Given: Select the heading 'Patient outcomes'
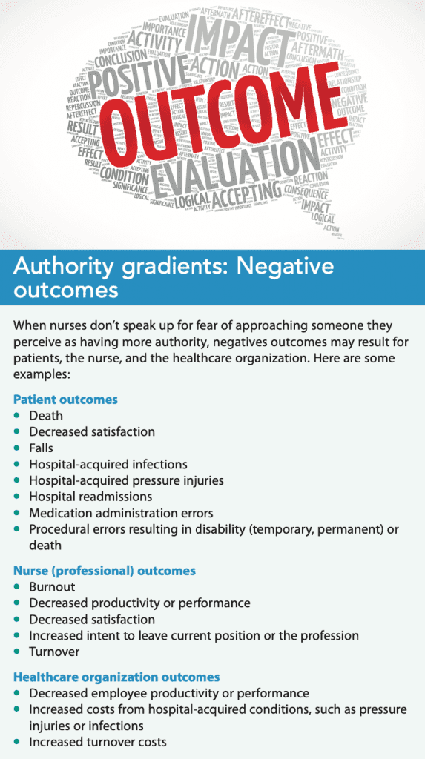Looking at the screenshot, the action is pos(65,400).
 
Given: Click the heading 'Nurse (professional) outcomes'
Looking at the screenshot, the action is pos(105,571).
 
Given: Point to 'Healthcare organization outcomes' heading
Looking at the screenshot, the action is pos(116,677).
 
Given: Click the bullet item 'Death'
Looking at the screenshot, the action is pos(46,416).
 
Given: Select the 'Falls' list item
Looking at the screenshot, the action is pos(42,448).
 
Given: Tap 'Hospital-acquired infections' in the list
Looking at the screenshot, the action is pos(108,464).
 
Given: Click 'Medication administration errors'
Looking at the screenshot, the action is pos(121,513).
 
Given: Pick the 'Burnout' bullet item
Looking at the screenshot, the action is pos(52,587).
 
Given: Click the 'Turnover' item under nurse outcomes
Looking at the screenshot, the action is pos(54,652).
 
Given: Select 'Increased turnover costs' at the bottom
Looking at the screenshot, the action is pos(98,742).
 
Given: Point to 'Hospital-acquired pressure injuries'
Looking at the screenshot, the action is pos(126,480).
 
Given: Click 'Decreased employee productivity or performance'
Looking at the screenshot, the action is pos(169,694).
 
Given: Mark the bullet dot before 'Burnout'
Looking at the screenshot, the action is pos(17,587).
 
